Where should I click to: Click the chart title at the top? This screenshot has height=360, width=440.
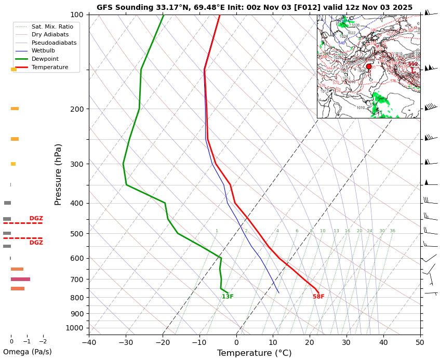[x=255, y=7]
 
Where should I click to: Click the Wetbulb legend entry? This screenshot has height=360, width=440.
[x=47, y=50]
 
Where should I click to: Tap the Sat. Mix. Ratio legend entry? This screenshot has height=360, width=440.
[x=52, y=26]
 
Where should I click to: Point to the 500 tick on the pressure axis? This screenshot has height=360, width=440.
[x=77, y=234]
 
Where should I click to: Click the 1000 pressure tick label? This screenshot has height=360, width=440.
[x=75, y=328]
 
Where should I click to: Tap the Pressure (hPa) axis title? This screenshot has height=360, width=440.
[x=58, y=174]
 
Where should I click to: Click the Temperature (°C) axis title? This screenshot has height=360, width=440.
[x=254, y=353]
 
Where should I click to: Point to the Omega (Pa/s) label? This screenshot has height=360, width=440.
[x=27, y=352]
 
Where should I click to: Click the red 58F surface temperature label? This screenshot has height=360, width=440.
[x=318, y=297]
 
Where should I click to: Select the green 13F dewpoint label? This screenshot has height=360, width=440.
[x=228, y=297]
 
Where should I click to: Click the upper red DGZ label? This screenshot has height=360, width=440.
[x=36, y=219]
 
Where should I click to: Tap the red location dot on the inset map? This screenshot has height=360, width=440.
[x=369, y=66]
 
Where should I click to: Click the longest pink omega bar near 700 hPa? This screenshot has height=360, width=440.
[x=20, y=279]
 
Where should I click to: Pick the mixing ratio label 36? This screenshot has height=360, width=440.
[x=392, y=231]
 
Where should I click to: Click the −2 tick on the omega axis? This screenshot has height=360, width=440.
[x=43, y=341]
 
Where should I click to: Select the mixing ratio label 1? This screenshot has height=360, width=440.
[x=217, y=231]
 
